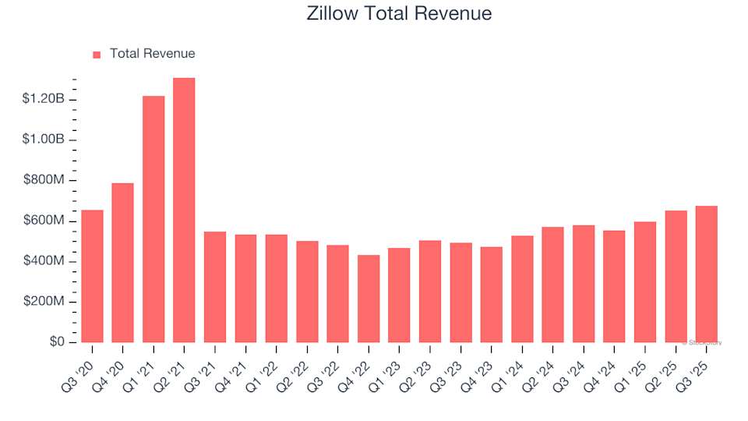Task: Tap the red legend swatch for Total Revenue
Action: click(97, 55)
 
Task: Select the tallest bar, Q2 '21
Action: click(184, 210)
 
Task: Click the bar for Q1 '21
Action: click(153, 219)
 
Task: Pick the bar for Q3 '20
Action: click(92, 276)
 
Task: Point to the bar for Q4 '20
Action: click(122, 263)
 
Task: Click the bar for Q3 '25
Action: click(706, 274)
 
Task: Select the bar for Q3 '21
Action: click(215, 287)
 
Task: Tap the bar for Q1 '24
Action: click(522, 288)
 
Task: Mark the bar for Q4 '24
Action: click(614, 286)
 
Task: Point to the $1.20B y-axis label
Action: click(43, 99)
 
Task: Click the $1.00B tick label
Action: click(43, 140)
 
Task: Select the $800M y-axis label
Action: click(45, 180)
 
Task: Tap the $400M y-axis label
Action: click(45, 261)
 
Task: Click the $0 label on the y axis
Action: click(57, 342)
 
